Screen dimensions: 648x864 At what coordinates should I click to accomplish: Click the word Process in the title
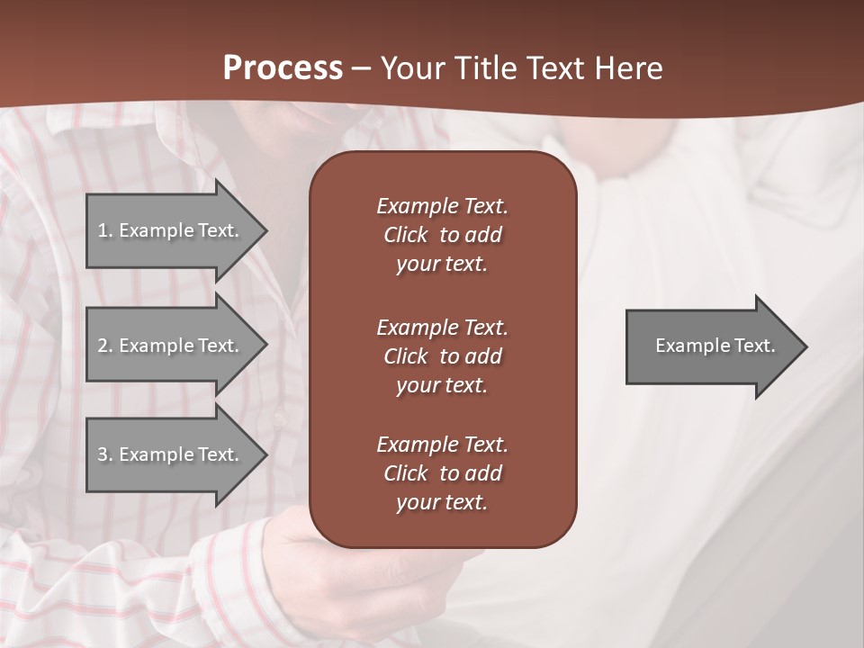click(x=283, y=68)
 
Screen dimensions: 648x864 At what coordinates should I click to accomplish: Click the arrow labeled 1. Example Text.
click(x=171, y=230)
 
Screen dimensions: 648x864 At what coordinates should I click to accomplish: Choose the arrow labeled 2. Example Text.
click(x=171, y=346)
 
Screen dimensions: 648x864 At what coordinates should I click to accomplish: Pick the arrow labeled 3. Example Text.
click(x=171, y=454)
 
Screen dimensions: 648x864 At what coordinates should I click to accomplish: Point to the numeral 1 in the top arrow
click(x=103, y=230)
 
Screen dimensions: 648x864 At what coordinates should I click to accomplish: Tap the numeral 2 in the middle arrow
click(x=103, y=346)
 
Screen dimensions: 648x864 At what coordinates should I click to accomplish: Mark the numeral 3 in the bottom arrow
click(x=103, y=454)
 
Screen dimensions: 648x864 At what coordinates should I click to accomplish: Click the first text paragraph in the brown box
click(x=442, y=235)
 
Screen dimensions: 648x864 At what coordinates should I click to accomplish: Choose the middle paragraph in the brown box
click(x=442, y=356)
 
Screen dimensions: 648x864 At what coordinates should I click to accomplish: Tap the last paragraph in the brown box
click(x=442, y=473)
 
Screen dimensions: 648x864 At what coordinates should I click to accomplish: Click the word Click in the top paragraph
click(x=406, y=235)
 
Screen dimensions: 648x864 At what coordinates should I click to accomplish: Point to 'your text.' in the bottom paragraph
click(x=442, y=502)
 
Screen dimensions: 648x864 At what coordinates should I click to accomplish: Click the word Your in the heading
click(x=411, y=68)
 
